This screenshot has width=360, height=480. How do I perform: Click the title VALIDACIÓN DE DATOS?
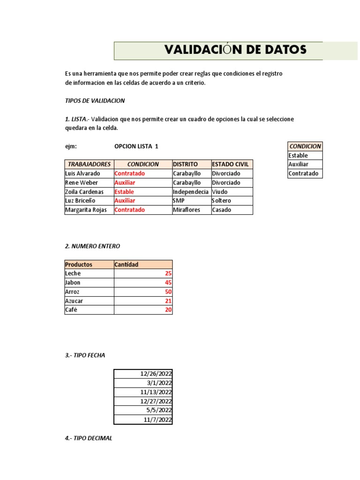coord(235,50)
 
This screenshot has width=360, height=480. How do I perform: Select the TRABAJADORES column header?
coord(89,165)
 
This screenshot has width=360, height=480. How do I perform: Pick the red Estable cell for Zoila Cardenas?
coord(124,192)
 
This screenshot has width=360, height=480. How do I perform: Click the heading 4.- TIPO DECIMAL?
coord(89,438)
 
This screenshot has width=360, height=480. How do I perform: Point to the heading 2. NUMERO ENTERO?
coord(92,246)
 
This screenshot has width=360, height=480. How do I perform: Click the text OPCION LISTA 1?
coord(136,146)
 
